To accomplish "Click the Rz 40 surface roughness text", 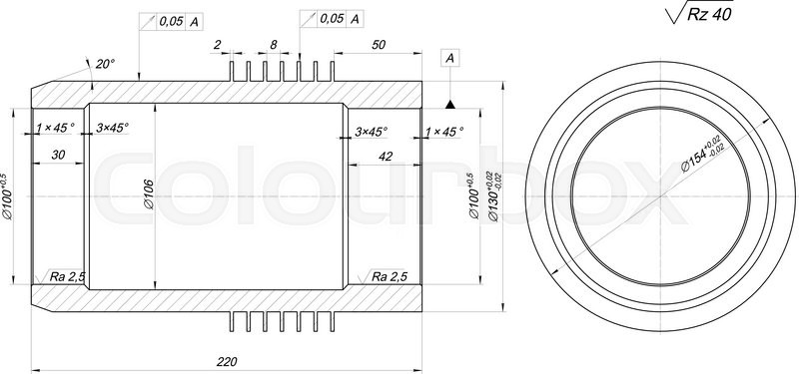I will [x=711, y=15].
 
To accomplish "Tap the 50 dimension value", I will [x=379, y=45].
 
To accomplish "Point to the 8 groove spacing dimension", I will [x=273, y=45].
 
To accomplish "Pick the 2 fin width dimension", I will [x=216, y=45].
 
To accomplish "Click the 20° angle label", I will [x=104, y=64].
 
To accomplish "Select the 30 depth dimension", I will [x=57, y=155].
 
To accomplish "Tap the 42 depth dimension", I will [x=385, y=155].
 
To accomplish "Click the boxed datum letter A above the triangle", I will [x=450, y=60].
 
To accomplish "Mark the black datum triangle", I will [x=450, y=104].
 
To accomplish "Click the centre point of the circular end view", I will [x=661, y=196].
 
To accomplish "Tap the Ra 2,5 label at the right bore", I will [x=390, y=275].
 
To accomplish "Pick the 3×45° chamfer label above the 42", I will [x=371, y=131].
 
